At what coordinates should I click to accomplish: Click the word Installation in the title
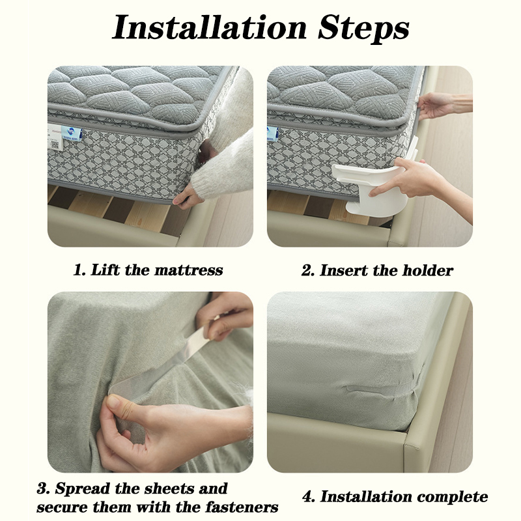pos(209,27)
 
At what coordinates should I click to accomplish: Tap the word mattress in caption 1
pos(188,270)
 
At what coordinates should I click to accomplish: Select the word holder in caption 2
pos(428,270)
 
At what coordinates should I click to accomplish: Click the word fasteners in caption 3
pos(242,507)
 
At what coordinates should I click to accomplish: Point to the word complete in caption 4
pos(452,497)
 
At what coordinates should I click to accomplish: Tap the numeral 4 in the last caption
pos(309,497)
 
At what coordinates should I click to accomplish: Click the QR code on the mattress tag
pos(55,145)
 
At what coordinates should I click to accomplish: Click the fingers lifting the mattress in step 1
pos(187,198)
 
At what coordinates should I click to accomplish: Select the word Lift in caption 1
pos(105,270)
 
